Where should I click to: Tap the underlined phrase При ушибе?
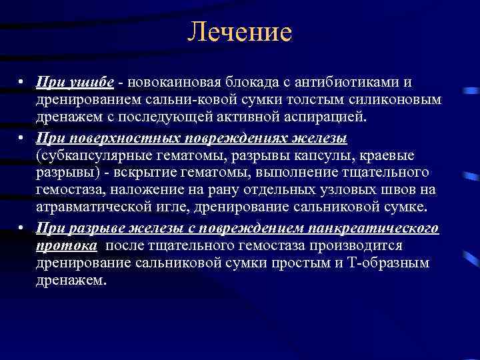pos(75,82)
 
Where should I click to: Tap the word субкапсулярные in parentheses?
pos(84,155)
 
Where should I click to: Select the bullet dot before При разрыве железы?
pos(22,229)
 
